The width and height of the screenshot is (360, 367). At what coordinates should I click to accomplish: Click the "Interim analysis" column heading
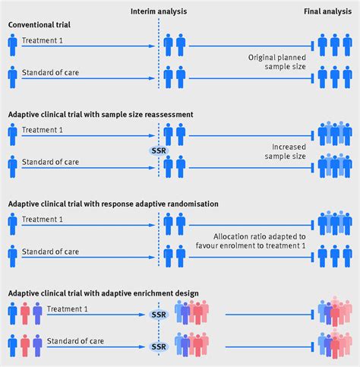[x=158, y=12]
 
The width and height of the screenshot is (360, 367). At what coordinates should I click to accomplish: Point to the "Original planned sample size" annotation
[x=276, y=63]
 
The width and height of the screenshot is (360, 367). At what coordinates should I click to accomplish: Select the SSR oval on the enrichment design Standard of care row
[x=159, y=346]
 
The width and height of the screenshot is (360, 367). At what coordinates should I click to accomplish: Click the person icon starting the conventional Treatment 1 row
[x=12, y=46]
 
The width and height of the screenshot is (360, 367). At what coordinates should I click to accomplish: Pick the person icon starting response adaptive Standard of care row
[x=12, y=256]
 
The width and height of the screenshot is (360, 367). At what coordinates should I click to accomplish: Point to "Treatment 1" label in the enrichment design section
[x=65, y=308]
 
